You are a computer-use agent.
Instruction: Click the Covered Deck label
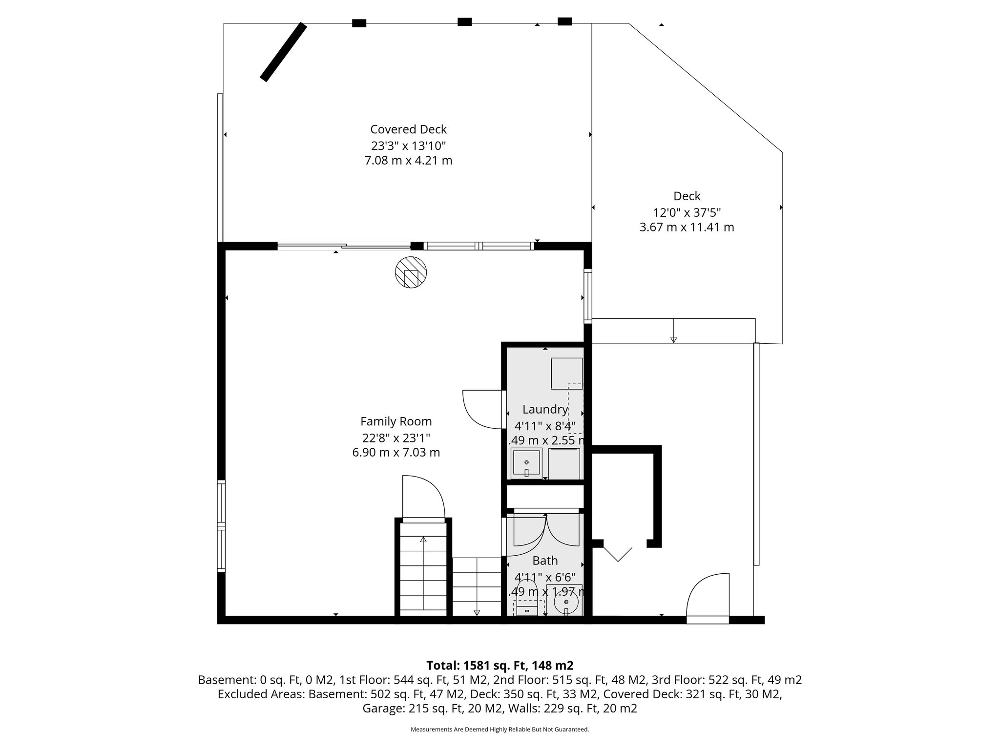(x=408, y=129)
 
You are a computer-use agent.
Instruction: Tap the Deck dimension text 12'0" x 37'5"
(x=687, y=212)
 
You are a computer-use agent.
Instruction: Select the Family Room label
(x=396, y=421)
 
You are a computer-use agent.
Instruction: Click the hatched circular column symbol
(x=411, y=272)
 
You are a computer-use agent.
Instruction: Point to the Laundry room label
(x=545, y=410)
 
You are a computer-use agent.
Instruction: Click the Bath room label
(x=545, y=561)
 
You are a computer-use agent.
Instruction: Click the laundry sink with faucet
(x=526, y=463)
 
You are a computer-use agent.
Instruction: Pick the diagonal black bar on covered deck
(x=283, y=52)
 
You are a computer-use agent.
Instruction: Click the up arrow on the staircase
(x=423, y=540)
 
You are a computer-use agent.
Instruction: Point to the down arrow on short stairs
(x=477, y=612)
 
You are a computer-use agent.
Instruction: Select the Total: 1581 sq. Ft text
(x=500, y=666)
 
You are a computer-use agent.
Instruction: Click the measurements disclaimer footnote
(x=500, y=729)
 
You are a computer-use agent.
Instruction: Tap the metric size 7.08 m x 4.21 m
(x=408, y=161)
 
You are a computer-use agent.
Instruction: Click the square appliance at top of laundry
(x=566, y=374)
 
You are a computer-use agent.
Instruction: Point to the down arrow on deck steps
(x=673, y=338)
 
